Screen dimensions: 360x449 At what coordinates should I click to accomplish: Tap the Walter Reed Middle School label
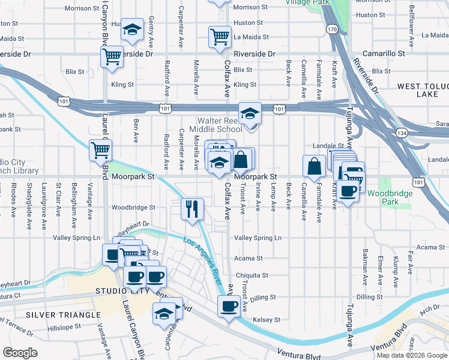pos(215,124)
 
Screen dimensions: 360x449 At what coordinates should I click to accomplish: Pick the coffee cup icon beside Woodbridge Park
pos(349,191)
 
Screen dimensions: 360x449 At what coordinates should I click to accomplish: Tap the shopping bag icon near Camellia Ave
pos(315,166)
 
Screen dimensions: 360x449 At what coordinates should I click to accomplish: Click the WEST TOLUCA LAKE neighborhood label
pos(421,91)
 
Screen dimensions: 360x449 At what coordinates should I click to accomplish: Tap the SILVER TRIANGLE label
pos(63,314)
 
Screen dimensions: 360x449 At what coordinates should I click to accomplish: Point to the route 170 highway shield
pos(331,28)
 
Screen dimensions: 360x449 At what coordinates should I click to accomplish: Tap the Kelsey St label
pos(267,320)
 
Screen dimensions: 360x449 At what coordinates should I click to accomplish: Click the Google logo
pos(20,353)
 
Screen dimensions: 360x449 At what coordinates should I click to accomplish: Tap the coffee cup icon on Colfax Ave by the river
pos(227,307)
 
